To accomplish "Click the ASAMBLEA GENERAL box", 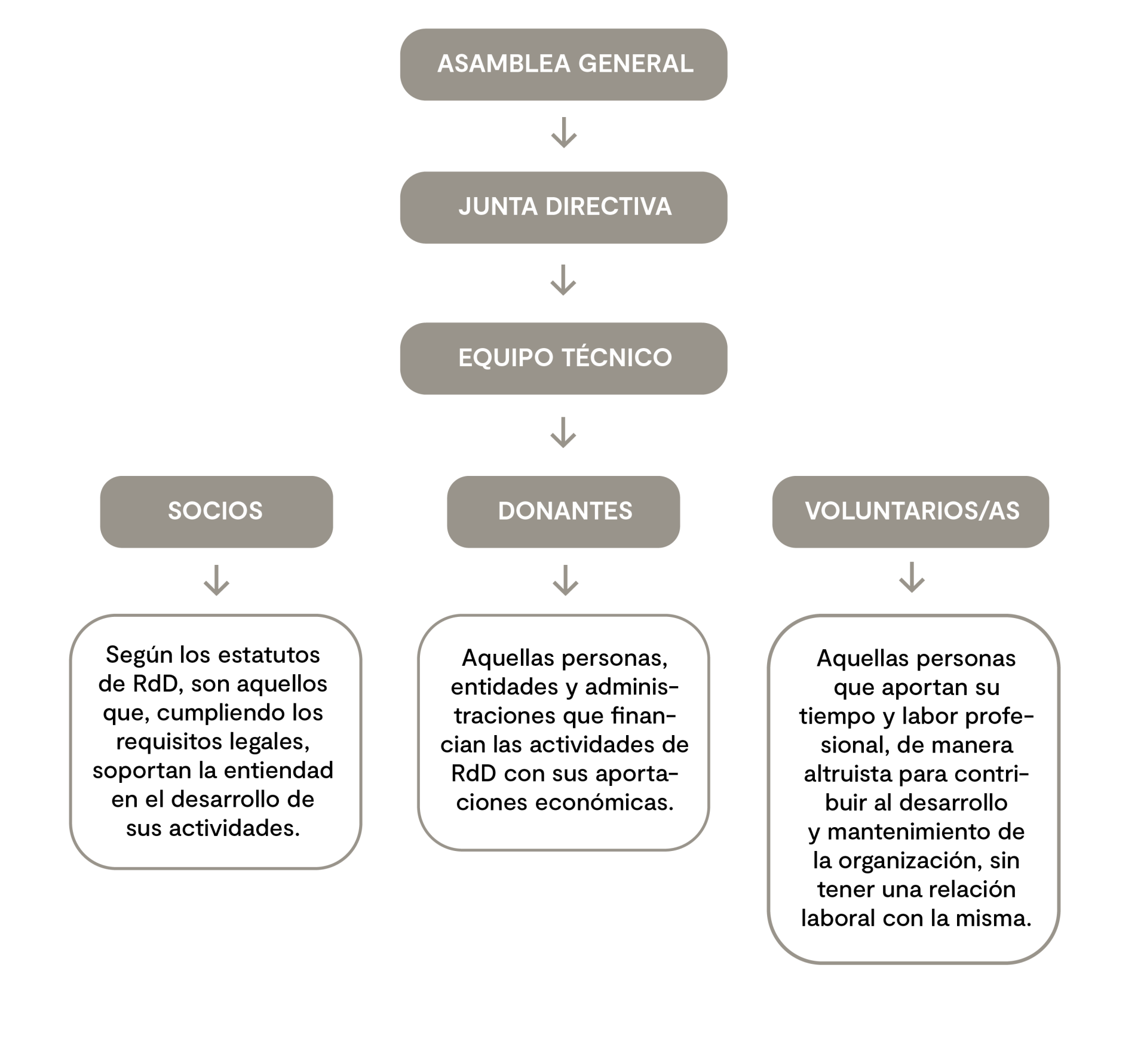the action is click(563, 64).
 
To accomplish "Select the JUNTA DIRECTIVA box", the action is click(563, 207).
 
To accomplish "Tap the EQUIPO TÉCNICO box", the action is click(563, 358).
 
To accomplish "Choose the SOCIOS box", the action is click(216, 512).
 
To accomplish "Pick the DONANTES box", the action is click(563, 512).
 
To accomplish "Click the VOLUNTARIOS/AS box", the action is click(910, 512).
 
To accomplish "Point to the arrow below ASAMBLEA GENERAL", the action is click(563, 133).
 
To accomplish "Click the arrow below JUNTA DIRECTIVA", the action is click(563, 280).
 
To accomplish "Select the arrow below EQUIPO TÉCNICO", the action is click(563, 432).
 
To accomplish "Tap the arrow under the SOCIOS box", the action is click(216, 580).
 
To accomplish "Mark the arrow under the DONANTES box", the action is click(565, 580).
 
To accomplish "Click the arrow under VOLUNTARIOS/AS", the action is click(912, 577).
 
